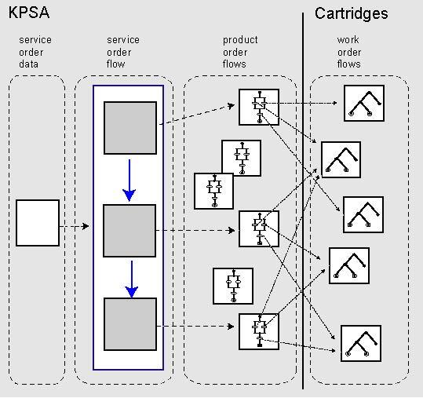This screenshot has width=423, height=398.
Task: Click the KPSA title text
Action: [29, 13]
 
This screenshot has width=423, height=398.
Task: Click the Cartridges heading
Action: [352, 13]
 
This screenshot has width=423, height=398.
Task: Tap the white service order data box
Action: [38, 223]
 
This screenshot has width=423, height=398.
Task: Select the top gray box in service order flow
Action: [130, 128]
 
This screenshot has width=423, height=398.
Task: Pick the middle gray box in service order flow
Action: [129, 231]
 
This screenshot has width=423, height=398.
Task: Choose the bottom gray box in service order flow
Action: [130, 324]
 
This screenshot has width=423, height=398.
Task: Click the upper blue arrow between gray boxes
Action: [129, 181]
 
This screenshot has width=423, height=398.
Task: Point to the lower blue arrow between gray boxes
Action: [132, 279]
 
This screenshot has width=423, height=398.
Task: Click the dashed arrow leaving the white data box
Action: [75, 226]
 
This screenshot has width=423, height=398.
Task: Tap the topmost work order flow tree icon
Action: [364, 104]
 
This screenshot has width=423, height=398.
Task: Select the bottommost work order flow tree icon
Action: [361, 344]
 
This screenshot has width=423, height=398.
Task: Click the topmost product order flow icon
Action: [259, 107]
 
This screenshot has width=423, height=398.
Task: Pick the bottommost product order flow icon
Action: [259, 331]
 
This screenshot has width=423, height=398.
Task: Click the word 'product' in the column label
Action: [240, 40]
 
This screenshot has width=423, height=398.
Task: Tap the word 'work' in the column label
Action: [348, 40]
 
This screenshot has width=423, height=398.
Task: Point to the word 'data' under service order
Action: [28, 64]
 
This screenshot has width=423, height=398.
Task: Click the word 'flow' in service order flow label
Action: [115, 64]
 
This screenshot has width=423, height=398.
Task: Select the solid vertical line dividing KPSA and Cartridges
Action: [303, 200]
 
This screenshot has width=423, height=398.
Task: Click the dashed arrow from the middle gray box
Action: [195, 231]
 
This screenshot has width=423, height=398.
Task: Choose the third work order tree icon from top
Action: [363, 215]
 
